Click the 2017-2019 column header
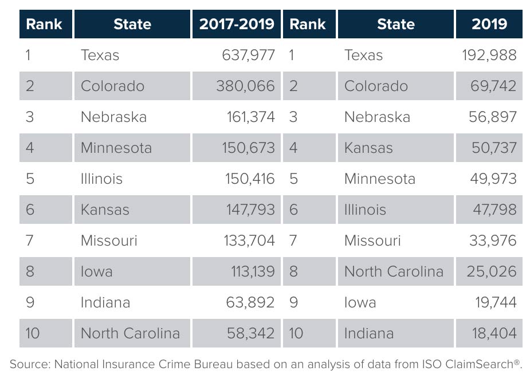(x=236, y=24)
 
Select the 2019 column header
(x=489, y=24)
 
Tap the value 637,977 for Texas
(x=248, y=55)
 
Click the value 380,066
(x=245, y=86)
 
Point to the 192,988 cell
(x=489, y=55)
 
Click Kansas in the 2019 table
(x=368, y=148)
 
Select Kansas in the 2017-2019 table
(x=105, y=210)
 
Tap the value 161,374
(x=250, y=117)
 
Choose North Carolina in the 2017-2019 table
(x=130, y=333)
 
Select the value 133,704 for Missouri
(x=249, y=240)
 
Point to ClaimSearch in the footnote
(x=482, y=364)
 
